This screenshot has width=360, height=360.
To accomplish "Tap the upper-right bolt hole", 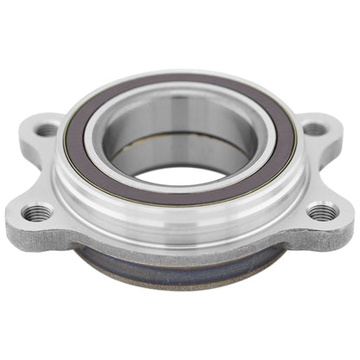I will [315, 130].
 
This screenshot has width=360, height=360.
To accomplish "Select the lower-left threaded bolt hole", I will [35, 210].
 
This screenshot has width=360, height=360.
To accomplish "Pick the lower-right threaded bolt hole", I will [322, 210].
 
